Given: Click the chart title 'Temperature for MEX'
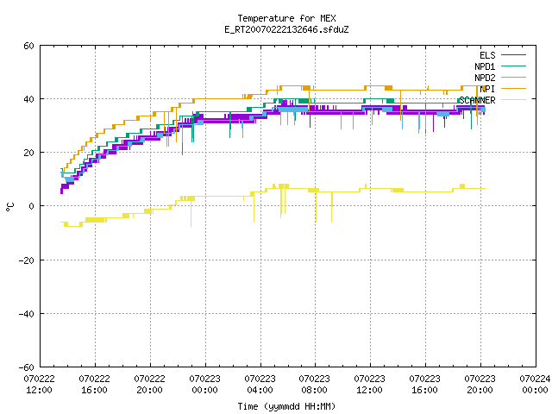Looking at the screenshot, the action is click(x=286, y=18).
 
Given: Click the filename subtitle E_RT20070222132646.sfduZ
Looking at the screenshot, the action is click(x=286, y=29).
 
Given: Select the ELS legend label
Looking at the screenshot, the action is click(x=487, y=55).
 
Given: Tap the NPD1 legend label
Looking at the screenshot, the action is click(x=485, y=66).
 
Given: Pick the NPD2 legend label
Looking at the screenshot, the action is click(x=485, y=78).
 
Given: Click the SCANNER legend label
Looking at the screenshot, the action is click(x=477, y=100).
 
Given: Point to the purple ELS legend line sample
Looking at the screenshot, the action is click(x=513, y=55).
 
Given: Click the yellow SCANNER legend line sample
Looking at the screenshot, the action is click(x=513, y=100).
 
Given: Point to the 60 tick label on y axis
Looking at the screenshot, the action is click(x=28, y=46).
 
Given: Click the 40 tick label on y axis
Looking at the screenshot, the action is click(x=28, y=99).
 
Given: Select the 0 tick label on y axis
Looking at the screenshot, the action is click(x=32, y=206).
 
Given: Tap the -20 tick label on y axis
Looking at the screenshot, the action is click(x=27, y=260).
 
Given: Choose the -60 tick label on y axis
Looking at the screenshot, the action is click(x=27, y=367).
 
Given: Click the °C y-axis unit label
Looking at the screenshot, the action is click(x=10, y=207).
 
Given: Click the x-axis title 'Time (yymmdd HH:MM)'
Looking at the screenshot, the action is click(x=286, y=406).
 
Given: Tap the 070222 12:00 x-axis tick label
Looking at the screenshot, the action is click(x=40, y=385).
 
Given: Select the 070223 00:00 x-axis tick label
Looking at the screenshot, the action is click(x=205, y=385).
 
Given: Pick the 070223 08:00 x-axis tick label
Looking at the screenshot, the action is click(x=314, y=385).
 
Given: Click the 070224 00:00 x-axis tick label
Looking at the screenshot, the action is click(x=535, y=385).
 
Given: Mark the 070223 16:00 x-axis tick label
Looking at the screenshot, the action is click(x=425, y=385).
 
